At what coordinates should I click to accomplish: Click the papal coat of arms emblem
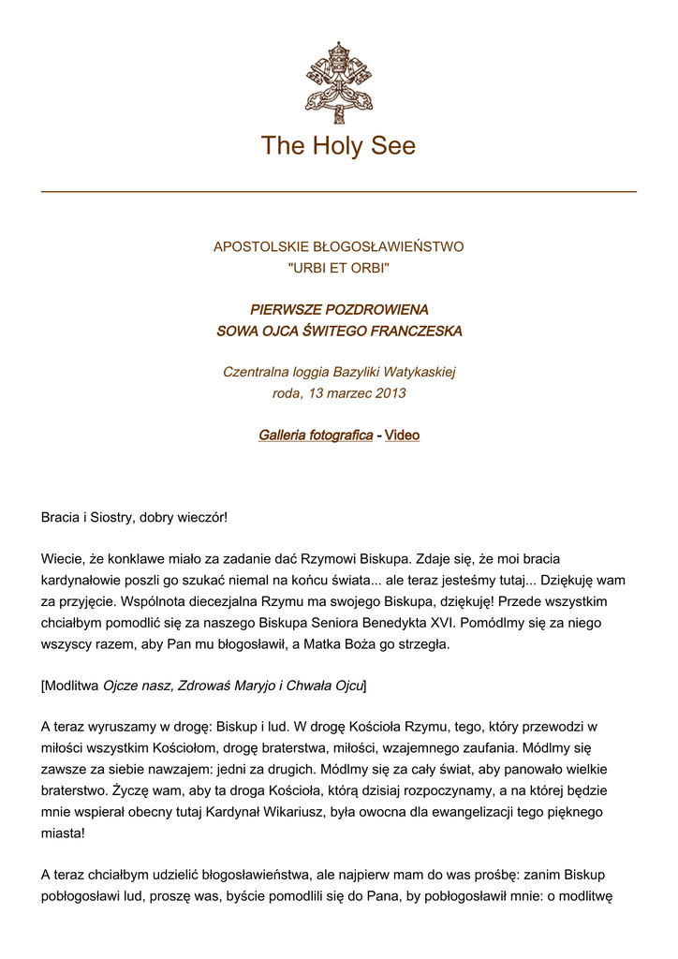click(338, 82)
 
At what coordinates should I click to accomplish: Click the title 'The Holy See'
click(338, 146)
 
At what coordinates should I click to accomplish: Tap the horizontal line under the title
click(338, 192)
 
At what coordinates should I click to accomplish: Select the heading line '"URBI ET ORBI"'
click(338, 269)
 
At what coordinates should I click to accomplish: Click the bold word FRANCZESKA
click(416, 332)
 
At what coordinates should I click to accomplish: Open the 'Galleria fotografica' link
click(315, 435)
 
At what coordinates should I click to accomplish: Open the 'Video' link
click(402, 435)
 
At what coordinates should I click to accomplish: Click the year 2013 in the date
click(390, 393)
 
